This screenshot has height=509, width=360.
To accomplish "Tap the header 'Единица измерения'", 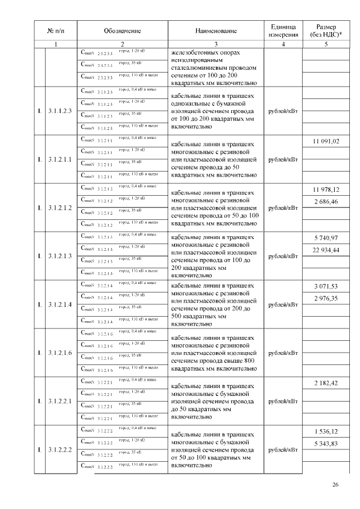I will [283, 30].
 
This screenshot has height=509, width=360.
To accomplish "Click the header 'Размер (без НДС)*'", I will [326, 30].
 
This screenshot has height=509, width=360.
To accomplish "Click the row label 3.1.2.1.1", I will [60, 160].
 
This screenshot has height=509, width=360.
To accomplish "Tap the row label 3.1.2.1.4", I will [60, 305].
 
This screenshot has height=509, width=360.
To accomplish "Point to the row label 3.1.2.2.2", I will [60, 450].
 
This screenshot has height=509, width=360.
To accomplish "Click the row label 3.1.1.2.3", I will [60, 111].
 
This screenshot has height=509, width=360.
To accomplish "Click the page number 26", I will [335, 485].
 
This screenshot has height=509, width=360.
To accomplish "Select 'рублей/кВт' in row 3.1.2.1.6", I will [283, 353].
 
